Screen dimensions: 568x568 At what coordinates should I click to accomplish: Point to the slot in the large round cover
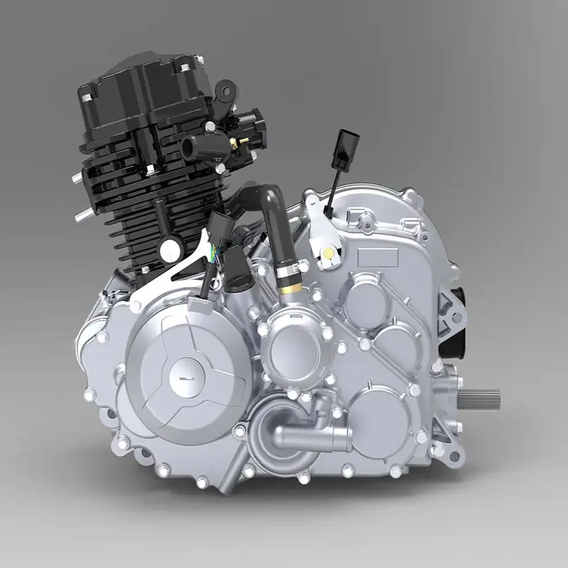[186, 380]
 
